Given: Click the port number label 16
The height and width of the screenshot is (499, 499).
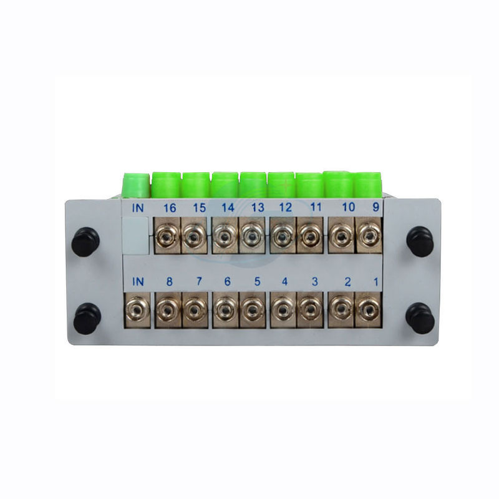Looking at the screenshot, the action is tap(170, 208).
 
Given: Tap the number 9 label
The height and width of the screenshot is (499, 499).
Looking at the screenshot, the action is tap(376, 207).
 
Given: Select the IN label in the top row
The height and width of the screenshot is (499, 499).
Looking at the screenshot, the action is tap(138, 208).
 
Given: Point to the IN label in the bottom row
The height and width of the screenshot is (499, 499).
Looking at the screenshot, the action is tap(138, 281).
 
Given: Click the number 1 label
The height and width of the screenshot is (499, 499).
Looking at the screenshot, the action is tap(376, 282).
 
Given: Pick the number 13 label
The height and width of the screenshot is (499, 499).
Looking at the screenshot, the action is tap(258, 208).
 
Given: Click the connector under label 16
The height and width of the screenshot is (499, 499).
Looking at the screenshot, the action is tap(167, 236).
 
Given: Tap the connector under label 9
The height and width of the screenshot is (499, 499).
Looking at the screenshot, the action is tap(369, 235).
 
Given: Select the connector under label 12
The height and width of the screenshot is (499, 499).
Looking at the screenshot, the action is tap(283, 236).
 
